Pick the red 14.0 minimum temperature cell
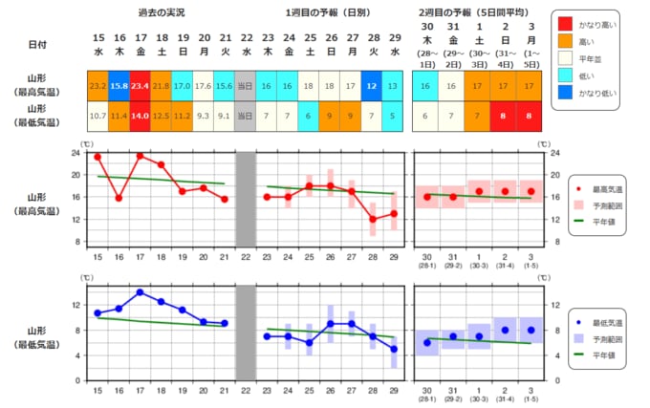pyautogui.click(x=140, y=117)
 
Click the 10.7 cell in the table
pyautogui.click(x=97, y=117)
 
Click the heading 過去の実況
pyautogui.click(x=161, y=13)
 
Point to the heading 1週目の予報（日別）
pyautogui.click(x=329, y=13)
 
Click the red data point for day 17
pyautogui.click(x=140, y=156)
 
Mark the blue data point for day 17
pyautogui.click(x=140, y=292)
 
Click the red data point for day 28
pyautogui.click(x=373, y=220)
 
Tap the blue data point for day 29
pyautogui.click(x=394, y=349)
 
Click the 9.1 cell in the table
pyautogui.click(x=224, y=117)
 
